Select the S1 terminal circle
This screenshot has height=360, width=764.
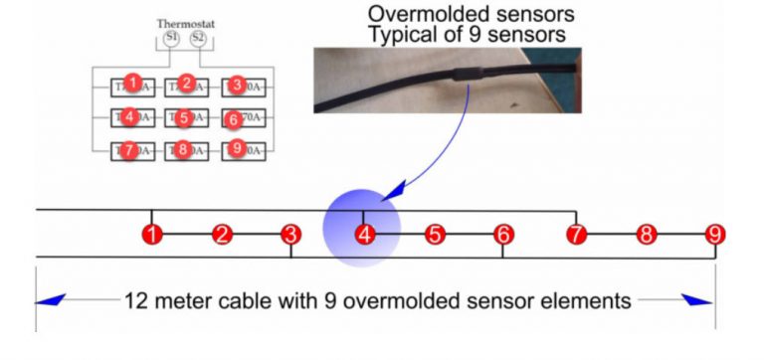[x=171, y=38]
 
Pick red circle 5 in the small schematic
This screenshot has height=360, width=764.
[x=185, y=117]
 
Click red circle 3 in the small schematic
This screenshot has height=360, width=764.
[x=236, y=85]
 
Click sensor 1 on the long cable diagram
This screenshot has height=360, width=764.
[x=152, y=236]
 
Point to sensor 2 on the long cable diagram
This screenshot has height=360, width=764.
[x=222, y=236]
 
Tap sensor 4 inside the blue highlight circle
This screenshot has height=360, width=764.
[x=363, y=236]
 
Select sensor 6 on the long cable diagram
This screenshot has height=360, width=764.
[x=503, y=236]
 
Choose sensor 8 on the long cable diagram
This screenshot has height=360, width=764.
[x=647, y=236]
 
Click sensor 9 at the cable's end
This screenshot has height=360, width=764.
[x=715, y=236]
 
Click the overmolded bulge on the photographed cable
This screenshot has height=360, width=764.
[x=465, y=72]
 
